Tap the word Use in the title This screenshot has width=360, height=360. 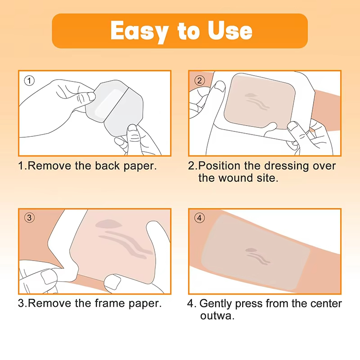(x=229, y=31)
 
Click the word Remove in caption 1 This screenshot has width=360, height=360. (x=49, y=166)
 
